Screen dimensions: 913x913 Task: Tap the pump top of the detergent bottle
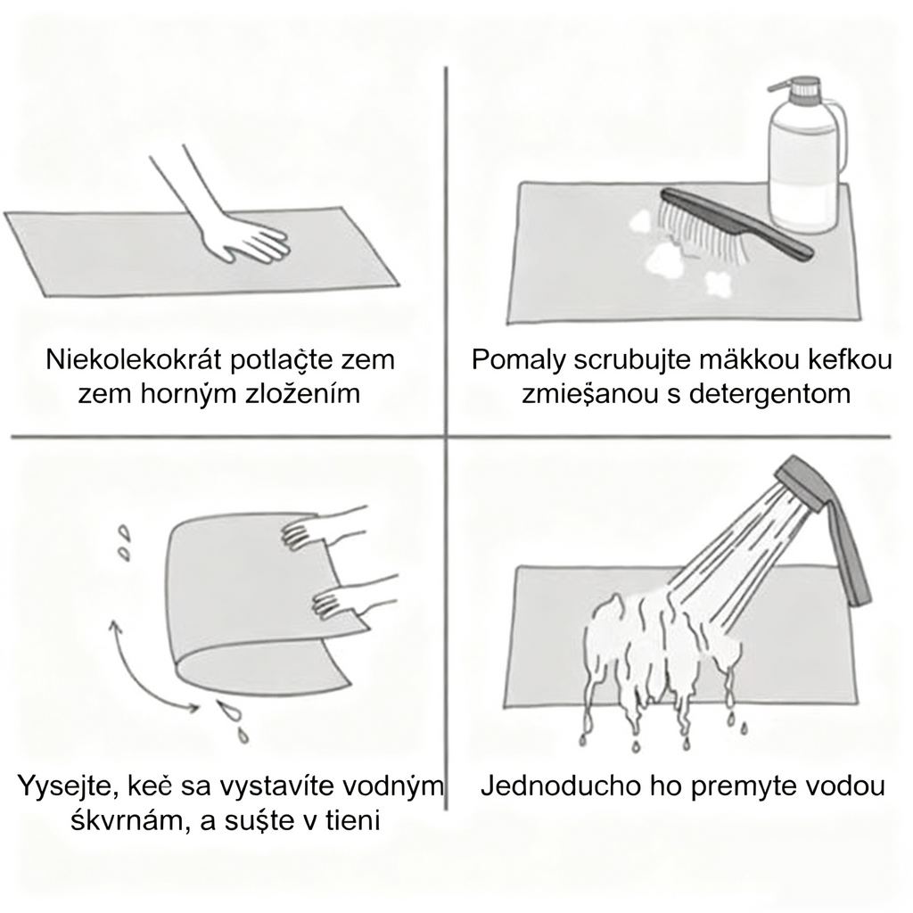[799, 88]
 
